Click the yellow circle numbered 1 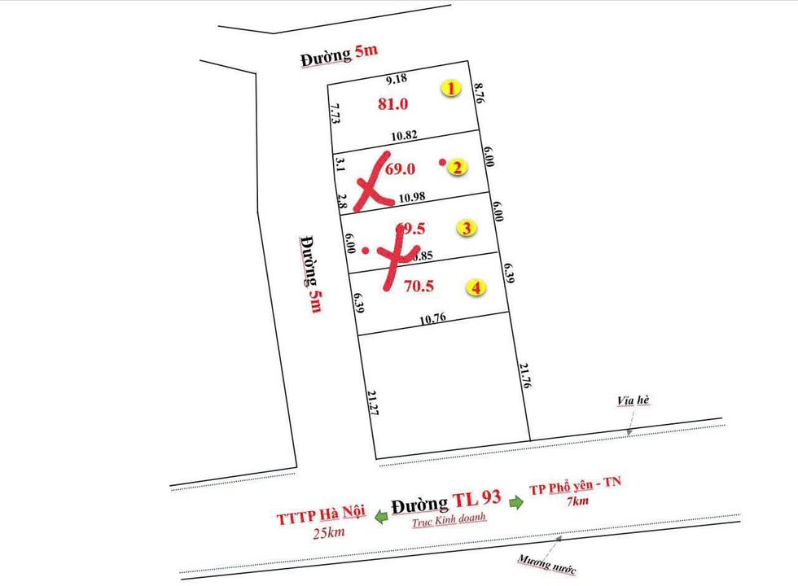(450, 88)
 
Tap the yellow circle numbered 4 (475, 287)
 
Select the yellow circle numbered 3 (466, 228)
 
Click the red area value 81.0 (393, 103)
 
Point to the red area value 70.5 (419, 286)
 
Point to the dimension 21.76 (524, 379)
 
